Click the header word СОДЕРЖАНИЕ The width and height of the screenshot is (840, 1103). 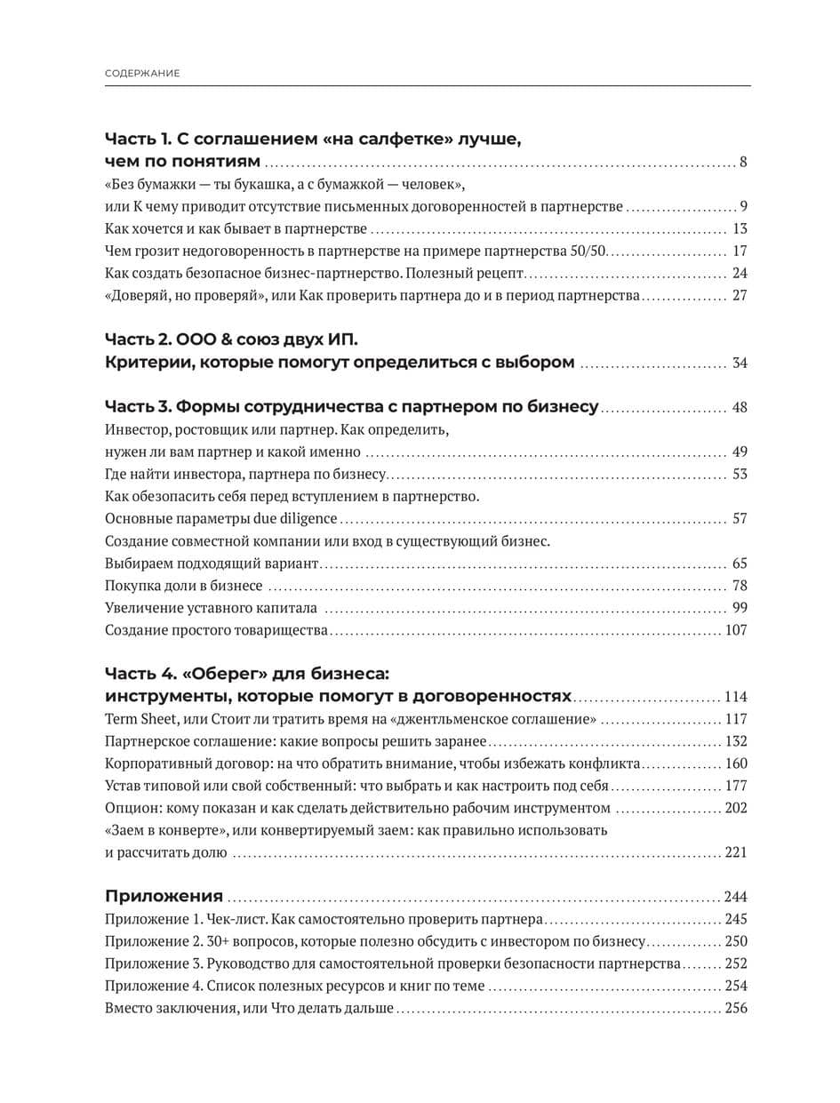pyautogui.click(x=142, y=73)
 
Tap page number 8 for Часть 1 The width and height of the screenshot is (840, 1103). pyautogui.click(x=743, y=162)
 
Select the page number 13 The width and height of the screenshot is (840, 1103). pyautogui.click(x=740, y=228)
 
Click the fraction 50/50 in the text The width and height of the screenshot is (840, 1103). pyautogui.click(x=588, y=251)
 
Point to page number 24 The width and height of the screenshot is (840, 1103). pyautogui.click(x=740, y=273)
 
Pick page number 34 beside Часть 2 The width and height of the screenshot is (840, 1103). pyautogui.click(x=740, y=363)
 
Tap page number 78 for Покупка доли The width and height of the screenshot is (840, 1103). pyautogui.click(x=740, y=586)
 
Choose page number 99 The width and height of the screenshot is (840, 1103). pyautogui.click(x=740, y=608)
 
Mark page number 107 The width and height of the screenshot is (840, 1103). pyautogui.click(x=736, y=630)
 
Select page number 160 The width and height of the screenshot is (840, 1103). pyautogui.click(x=736, y=763)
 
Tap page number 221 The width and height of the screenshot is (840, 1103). pyautogui.click(x=736, y=852)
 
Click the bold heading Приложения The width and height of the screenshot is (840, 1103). pyautogui.click(x=164, y=896)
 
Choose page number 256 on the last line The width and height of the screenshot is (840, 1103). pyautogui.click(x=736, y=1008)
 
